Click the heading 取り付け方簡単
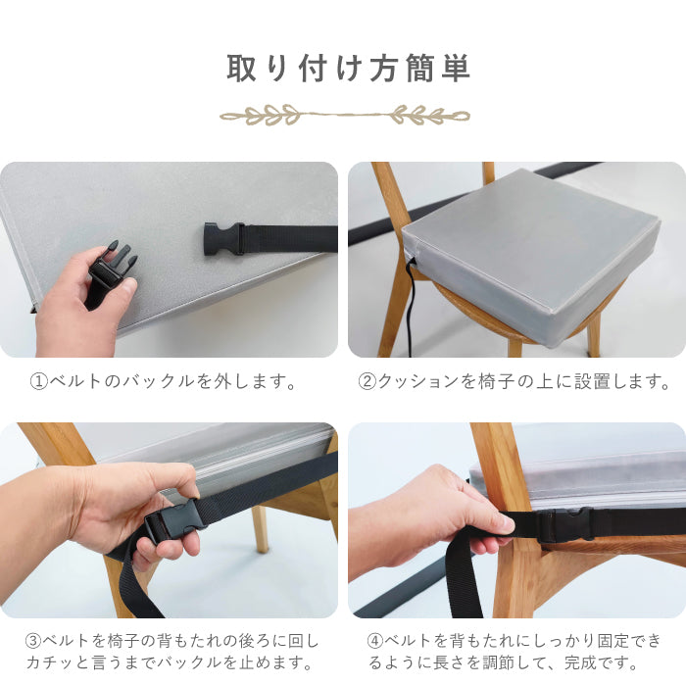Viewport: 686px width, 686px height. (x=348, y=69)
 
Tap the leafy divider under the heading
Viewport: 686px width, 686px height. (x=345, y=115)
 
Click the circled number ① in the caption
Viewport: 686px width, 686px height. (x=38, y=381)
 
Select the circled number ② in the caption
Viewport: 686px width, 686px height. (x=367, y=381)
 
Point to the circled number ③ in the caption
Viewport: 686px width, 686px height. (x=33, y=641)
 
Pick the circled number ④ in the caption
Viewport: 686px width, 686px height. (x=375, y=641)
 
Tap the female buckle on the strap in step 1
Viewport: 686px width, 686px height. (x=224, y=238)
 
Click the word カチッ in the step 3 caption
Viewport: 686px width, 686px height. (x=51, y=662)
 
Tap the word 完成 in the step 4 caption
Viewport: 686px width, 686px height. (x=580, y=662)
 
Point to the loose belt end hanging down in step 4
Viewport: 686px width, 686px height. (x=463, y=577)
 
